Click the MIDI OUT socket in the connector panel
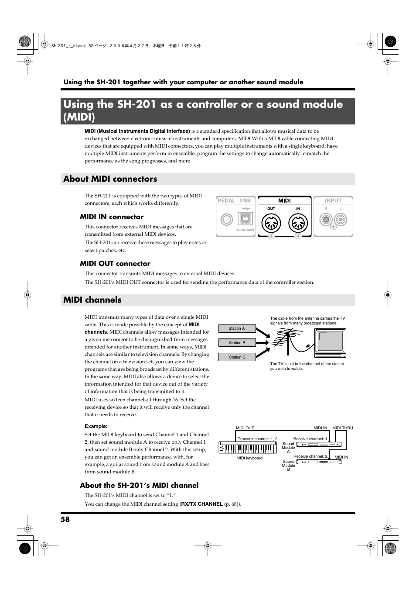tap(271, 224)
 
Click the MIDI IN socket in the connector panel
tap(298, 224)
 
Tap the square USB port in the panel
tap(245, 219)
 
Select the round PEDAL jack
tap(227, 219)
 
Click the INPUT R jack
tap(326, 219)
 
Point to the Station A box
tap(237, 328)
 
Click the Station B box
tap(237, 343)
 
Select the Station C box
tap(237, 357)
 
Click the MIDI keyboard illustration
tap(248, 448)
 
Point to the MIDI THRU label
tap(342, 428)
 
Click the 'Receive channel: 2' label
tap(310, 456)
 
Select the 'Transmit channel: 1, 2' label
tap(257, 439)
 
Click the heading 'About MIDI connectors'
tap(110, 179)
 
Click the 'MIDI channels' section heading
tap(92, 300)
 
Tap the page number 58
tap(65, 519)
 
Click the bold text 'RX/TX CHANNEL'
tap(202, 504)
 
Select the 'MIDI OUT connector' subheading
tap(115, 264)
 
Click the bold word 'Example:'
tap(96, 426)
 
